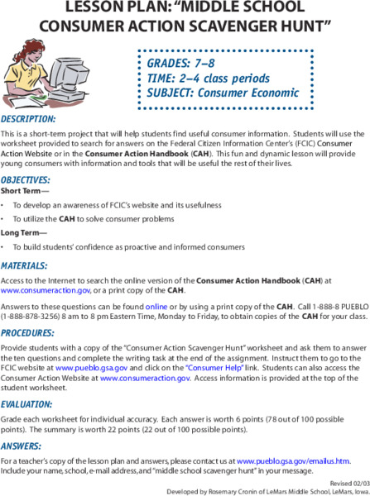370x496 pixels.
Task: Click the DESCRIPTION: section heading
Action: [28, 120]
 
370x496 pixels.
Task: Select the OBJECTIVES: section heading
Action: [26, 179]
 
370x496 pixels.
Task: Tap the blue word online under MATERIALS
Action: [156, 305]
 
